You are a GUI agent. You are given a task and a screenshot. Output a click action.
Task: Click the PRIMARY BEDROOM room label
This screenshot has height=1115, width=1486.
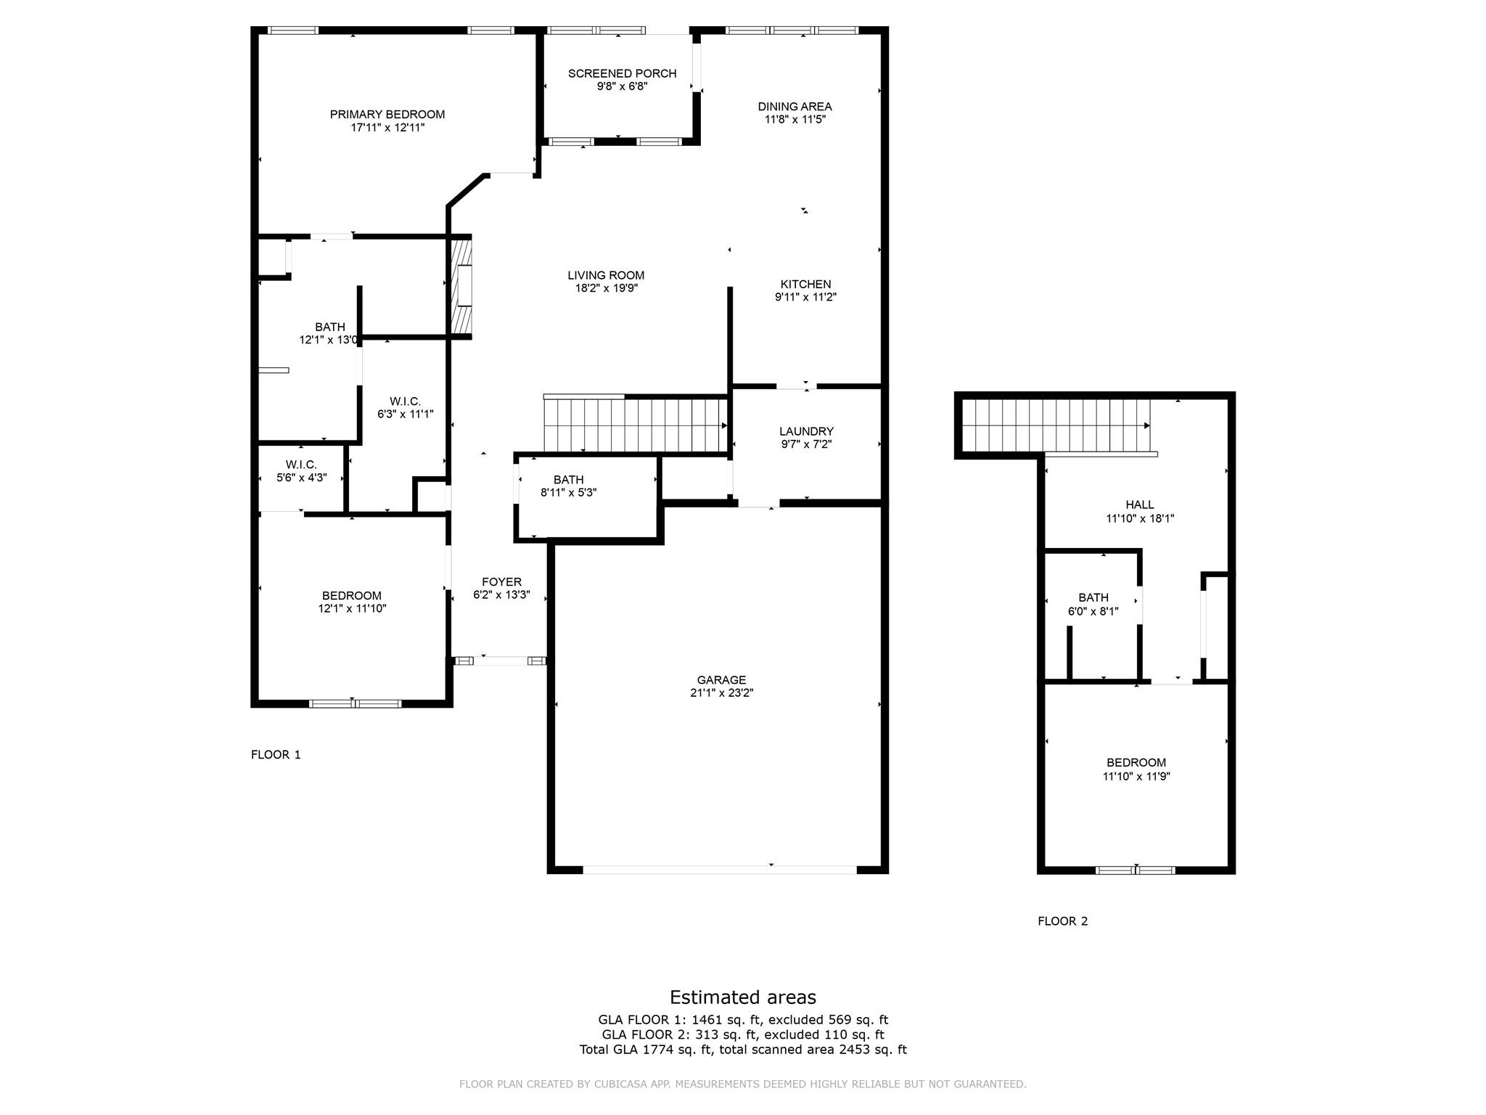387,115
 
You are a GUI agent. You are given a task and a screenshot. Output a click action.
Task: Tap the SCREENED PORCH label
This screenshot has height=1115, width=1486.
622,73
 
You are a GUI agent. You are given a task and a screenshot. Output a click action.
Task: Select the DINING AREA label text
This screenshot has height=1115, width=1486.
795,107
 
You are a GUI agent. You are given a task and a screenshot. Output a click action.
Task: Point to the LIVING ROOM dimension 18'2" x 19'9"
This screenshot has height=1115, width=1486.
606,288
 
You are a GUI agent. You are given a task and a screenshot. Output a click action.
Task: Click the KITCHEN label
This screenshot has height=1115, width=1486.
805,285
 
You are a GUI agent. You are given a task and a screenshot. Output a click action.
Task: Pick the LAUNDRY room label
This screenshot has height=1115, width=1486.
806,431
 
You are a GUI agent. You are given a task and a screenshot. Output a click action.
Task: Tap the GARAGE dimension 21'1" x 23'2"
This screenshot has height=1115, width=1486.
721,693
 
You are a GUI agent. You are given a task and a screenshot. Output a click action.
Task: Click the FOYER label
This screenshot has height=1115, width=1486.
501,582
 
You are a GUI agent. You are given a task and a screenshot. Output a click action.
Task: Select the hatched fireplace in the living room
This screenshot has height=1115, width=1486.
462,286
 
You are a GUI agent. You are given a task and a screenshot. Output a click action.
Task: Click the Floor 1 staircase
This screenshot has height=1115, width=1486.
636,425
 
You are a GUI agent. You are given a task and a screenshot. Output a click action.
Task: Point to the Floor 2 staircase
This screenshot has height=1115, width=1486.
1056,425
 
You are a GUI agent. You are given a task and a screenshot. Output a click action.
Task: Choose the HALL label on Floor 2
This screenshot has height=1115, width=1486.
1140,505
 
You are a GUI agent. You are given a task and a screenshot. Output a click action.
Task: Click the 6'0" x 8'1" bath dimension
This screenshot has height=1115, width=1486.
1093,611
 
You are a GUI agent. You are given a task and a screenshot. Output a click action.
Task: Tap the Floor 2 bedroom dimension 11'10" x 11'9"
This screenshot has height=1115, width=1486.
1136,776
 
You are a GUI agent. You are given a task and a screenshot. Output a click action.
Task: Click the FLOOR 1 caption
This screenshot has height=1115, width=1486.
276,755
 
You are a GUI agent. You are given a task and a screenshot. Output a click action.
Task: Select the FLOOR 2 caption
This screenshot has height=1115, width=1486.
1063,921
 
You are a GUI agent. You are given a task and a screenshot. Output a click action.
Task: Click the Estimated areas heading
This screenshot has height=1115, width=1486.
743,997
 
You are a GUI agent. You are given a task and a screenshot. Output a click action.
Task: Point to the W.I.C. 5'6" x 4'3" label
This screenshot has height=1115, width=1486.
301,471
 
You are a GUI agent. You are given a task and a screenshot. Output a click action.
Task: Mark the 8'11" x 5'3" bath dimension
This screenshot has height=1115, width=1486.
569,493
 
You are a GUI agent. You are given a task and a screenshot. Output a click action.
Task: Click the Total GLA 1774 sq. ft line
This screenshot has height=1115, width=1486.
743,1050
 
